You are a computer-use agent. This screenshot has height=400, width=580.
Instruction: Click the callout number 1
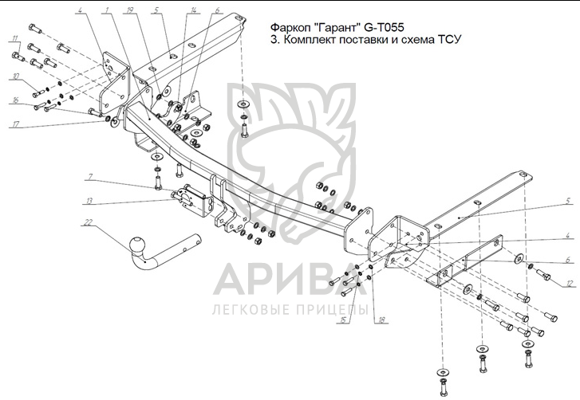coord(106,11)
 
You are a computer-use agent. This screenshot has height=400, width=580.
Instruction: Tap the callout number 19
coord(130,11)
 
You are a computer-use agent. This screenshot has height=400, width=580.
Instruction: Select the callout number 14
coord(193,11)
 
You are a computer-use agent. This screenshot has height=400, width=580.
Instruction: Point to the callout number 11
coord(16,39)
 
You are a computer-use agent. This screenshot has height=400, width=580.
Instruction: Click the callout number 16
coord(14,101)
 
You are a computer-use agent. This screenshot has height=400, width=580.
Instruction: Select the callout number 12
coord(567,283)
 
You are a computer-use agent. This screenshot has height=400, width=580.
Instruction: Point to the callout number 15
coord(344,320)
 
